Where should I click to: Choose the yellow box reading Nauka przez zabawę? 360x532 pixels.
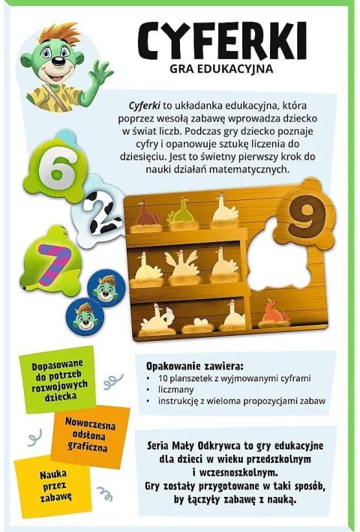pos(46,482)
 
